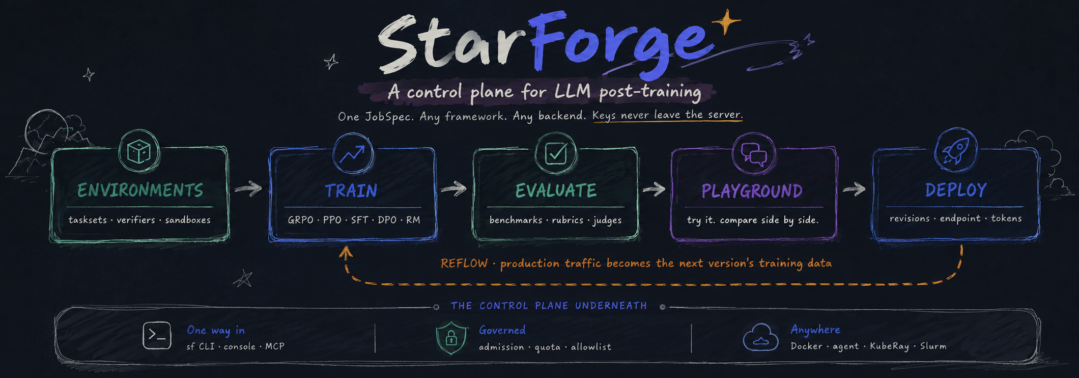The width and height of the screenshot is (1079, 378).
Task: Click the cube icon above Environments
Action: [139, 151]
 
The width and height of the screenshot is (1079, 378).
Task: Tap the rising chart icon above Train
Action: [352, 153]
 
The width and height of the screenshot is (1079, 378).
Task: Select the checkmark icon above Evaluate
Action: [556, 153]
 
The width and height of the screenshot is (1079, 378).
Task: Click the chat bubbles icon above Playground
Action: [754, 154]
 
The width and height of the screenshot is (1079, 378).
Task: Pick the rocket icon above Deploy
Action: [955, 150]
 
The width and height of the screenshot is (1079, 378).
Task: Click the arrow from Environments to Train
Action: [248, 189]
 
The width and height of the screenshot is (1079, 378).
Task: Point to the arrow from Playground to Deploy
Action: [854, 189]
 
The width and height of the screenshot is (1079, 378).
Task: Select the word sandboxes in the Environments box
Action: [188, 220]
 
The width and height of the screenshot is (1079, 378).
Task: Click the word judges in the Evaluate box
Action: [607, 220]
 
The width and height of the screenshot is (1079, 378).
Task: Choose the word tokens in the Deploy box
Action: [1006, 219]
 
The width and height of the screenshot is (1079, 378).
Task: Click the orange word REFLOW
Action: [464, 263]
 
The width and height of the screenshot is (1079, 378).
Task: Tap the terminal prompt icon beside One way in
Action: [157, 336]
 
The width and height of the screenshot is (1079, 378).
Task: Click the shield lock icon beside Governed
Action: [451, 338]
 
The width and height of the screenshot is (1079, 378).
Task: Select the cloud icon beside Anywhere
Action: [761, 338]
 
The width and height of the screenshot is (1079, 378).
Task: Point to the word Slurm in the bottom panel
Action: [933, 346]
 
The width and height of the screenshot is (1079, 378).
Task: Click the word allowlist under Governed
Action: [591, 347]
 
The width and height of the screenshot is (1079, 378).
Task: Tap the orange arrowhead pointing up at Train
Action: [346, 253]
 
